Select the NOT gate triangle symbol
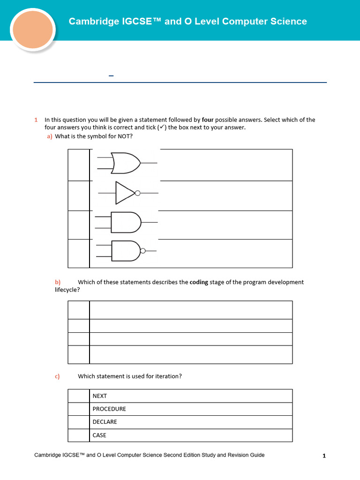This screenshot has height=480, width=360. point(125,193)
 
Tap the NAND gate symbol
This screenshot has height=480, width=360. point(126,251)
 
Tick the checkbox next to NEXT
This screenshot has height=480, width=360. point(79,396)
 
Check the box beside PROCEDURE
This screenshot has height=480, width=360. point(79,409)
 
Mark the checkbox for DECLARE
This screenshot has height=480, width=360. point(79,422)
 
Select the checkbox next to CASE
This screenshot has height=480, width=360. point(79,435)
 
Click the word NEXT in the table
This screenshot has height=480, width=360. point(100,396)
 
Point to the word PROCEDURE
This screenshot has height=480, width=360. point(109,409)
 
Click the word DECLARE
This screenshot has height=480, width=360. point(105,422)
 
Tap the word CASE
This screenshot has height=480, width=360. point(99,435)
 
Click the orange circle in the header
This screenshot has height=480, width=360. point(32,29)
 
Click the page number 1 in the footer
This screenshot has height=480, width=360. point(324,456)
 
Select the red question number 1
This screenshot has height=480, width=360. point(36,120)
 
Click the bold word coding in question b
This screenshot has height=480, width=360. point(199,282)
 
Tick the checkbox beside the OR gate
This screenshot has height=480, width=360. point(79,165)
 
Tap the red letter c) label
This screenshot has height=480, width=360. point(57,376)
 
